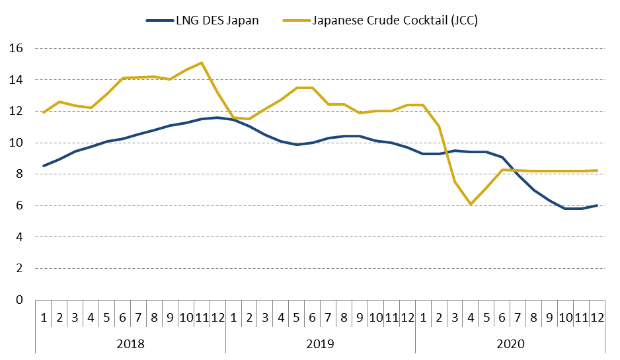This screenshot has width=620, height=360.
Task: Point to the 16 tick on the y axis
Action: click(x=17, y=49)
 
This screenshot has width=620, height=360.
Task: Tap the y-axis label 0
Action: click(x=20, y=300)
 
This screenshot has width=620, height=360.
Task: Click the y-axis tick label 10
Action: click(x=17, y=143)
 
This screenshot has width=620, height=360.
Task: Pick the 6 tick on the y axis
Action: click(x=20, y=205)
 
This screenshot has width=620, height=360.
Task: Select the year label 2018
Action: click(x=130, y=344)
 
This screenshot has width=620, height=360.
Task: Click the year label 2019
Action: click(x=320, y=344)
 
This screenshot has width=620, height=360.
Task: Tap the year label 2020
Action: click(x=510, y=344)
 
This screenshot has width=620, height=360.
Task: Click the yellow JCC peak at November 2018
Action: click(x=202, y=63)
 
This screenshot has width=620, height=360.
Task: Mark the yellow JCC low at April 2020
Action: click(x=471, y=204)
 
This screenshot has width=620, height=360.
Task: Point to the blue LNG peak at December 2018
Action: click(x=217, y=118)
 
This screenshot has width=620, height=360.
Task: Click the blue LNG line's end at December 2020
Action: click(x=597, y=205)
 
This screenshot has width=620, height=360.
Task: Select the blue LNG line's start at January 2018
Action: click(x=44, y=166)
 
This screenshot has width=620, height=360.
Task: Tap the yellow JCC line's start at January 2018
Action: click(x=44, y=112)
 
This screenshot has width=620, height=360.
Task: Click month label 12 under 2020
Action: click(x=597, y=317)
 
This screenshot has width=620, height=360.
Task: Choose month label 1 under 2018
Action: click(x=44, y=317)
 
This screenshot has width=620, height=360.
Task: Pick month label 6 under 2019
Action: click(x=312, y=317)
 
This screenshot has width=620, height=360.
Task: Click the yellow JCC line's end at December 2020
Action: click(x=597, y=170)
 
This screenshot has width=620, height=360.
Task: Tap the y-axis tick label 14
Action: click(x=17, y=80)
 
